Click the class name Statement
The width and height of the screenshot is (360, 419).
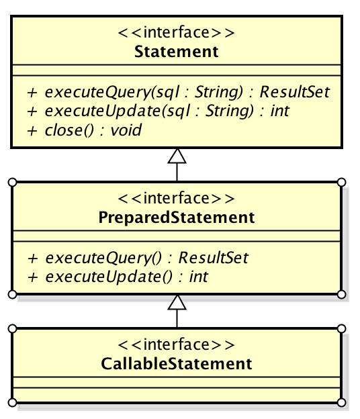click(x=177, y=51)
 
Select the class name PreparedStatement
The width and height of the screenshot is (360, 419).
click(x=177, y=218)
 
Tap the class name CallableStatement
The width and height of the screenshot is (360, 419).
click(x=177, y=364)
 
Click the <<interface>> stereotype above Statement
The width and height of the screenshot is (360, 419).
click(x=176, y=32)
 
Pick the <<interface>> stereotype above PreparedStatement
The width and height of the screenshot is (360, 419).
click(x=176, y=198)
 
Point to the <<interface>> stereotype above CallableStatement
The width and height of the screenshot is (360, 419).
click(x=176, y=344)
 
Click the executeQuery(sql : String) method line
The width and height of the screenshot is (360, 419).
click(x=178, y=92)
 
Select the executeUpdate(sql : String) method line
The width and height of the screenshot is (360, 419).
click(x=159, y=111)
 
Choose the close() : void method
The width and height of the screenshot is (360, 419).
click(x=84, y=130)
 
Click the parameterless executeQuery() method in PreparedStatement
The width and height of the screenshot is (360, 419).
click(x=138, y=258)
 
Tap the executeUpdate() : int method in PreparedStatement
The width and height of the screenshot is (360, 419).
click(x=118, y=277)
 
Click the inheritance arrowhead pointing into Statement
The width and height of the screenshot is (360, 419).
click(x=177, y=156)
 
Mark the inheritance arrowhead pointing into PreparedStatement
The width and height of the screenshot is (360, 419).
click(x=177, y=302)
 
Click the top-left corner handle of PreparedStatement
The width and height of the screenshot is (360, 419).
click(x=12, y=183)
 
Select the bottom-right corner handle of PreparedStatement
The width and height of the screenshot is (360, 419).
click(x=342, y=295)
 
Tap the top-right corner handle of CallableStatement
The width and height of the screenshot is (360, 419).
click(x=342, y=328)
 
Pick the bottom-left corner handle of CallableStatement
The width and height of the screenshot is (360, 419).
click(x=12, y=402)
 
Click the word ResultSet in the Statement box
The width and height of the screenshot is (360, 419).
click(x=295, y=92)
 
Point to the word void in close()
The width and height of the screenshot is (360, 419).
click(x=126, y=130)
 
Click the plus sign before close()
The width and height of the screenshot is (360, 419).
click(x=32, y=131)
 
